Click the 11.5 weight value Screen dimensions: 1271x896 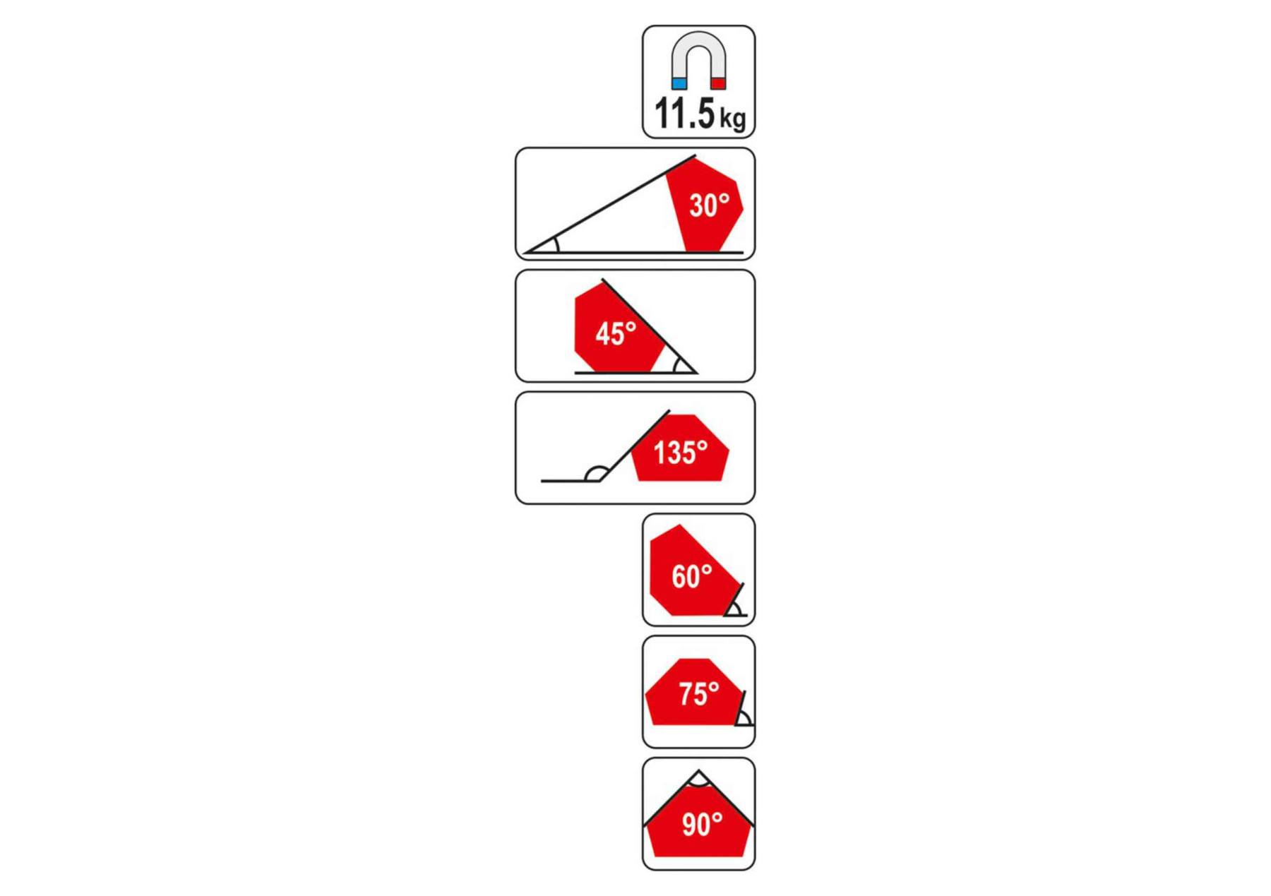point(685,113)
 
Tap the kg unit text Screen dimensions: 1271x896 point(733,118)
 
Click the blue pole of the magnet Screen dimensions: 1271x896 point(679,83)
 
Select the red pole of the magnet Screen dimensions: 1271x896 point(718,83)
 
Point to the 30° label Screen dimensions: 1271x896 point(709,205)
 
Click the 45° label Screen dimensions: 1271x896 point(616,333)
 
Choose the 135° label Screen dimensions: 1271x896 point(680,453)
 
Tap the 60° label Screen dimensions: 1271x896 point(692,577)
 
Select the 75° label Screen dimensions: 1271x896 point(699,694)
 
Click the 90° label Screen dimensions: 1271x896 point(702,824)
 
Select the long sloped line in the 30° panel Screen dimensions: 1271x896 point(611,203)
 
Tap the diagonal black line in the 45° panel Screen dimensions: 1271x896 point(650,326)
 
